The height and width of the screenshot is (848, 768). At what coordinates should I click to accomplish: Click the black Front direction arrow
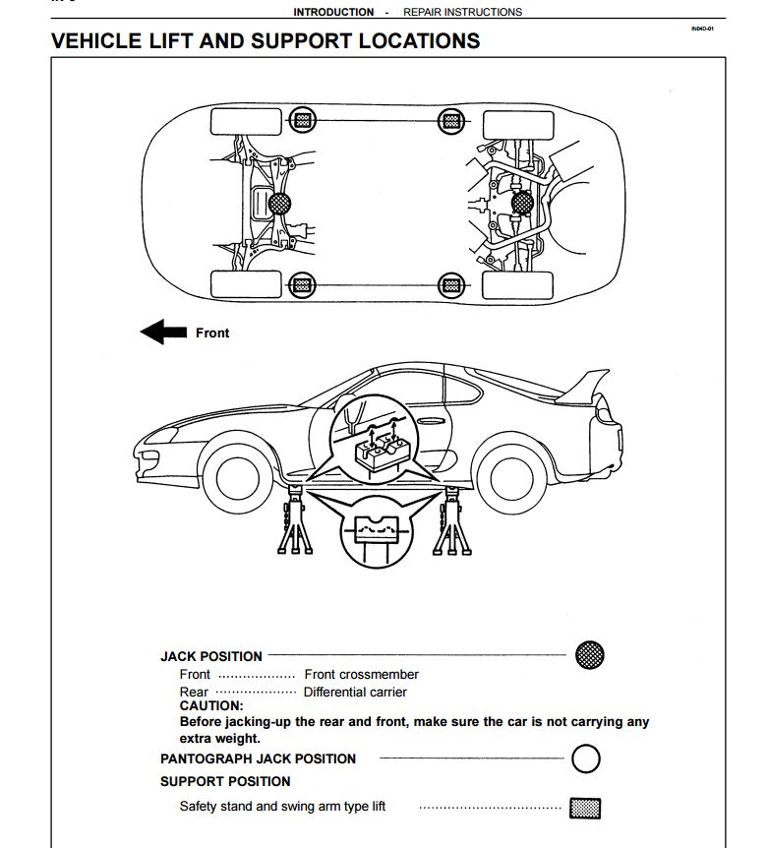coord(163,333)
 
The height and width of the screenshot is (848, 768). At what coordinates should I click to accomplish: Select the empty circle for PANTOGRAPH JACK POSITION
coord(585,758)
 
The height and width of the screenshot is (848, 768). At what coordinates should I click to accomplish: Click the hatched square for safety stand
coord(585,808)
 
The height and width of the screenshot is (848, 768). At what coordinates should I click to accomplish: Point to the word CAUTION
coord(210,705)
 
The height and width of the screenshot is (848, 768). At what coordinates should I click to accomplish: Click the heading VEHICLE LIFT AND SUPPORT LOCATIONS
coord(265,41)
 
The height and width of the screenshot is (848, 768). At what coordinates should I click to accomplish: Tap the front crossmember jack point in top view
coord(279,204)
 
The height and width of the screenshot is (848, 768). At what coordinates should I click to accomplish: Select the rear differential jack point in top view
coord(522,202)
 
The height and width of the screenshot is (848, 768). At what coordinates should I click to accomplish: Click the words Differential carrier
coord(355,693)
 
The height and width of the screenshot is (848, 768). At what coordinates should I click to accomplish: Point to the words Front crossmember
coord(361,675)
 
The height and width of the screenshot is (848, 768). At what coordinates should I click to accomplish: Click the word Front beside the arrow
coord(212,333)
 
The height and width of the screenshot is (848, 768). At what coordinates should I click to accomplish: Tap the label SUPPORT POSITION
coord(225,781)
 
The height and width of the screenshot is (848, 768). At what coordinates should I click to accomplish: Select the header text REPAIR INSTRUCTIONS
coord(462,12)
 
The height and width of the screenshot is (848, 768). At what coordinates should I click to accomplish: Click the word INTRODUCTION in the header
coord(333,12)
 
